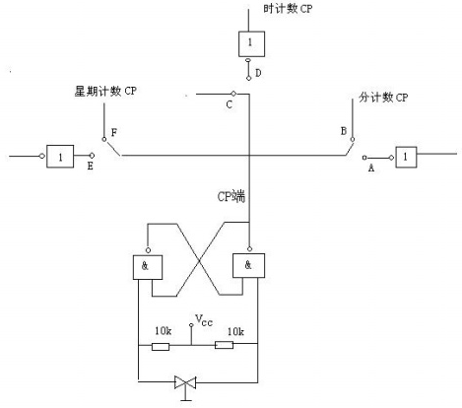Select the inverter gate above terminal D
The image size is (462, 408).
[250, 42]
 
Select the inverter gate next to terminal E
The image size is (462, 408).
[60, 156]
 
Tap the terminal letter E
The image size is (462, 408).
[91, 169]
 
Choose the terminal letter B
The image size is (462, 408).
[342, 130]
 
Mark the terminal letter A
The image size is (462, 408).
[371, 168]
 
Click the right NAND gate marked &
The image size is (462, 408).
[247, 267]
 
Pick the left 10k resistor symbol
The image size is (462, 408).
[160, 346]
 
